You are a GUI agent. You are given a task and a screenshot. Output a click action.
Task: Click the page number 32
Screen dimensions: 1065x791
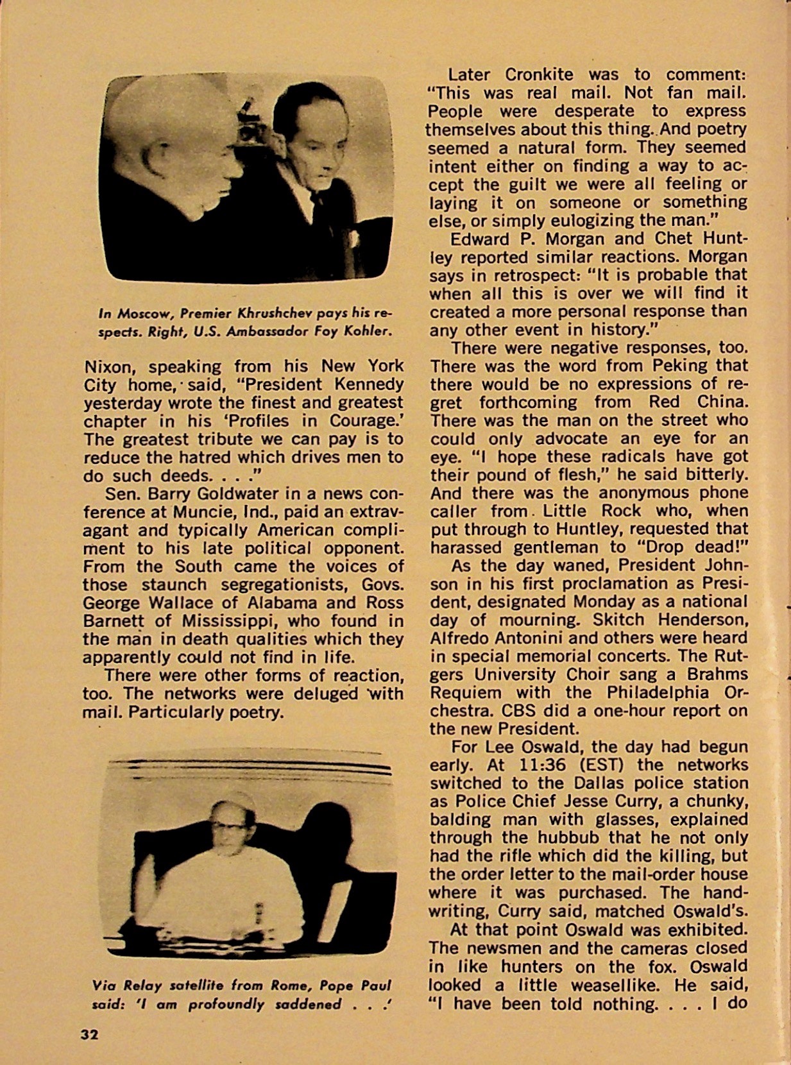coord(89,1034)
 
